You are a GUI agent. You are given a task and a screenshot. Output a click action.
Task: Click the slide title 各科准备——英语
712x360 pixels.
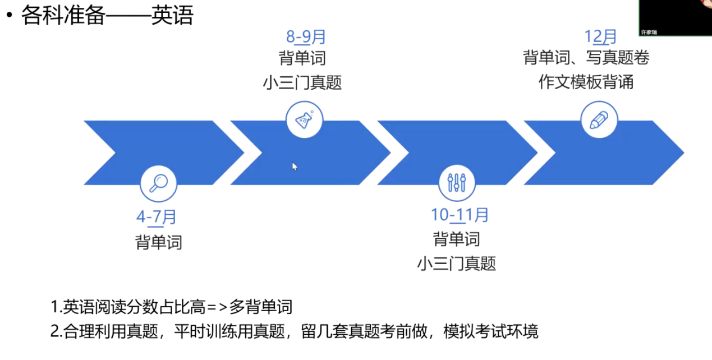point(107,16)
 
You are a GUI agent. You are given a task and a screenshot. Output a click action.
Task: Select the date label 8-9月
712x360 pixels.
point(306,37)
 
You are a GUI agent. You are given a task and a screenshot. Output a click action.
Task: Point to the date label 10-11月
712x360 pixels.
point(460,215)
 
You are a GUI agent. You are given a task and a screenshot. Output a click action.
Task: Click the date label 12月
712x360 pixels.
point(600,36)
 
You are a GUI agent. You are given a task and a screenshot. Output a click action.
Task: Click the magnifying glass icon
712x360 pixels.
point(158,182)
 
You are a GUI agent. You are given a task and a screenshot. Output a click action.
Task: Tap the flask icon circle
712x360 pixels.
point(305,119)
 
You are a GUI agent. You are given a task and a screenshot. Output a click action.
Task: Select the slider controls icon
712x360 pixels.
point(457,182)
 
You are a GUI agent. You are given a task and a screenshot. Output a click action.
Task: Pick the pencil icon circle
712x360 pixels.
point(599,119)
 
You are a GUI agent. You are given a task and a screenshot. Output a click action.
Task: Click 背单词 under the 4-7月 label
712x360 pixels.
point(159,242)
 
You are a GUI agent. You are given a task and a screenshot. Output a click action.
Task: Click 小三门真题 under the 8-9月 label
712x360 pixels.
point(302,83)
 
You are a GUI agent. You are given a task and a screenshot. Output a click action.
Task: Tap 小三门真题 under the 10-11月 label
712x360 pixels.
point(457,264)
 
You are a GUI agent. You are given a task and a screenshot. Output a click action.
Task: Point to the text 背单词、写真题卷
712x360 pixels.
point(586,58)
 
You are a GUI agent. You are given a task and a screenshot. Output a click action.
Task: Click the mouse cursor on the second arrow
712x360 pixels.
point(295,166)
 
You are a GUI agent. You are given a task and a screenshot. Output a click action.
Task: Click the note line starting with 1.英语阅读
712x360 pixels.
point(172,307)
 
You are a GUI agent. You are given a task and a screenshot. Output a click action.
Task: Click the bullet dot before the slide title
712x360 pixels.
point(8,16)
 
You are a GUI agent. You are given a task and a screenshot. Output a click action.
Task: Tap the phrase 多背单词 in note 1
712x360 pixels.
point(261,307)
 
